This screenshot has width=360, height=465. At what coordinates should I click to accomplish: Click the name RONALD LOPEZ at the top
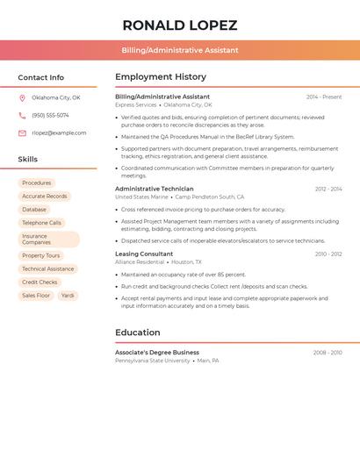[180, 25]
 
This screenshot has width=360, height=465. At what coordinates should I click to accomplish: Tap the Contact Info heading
[40, 77]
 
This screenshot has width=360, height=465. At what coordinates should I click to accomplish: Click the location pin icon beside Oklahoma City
[22, 98]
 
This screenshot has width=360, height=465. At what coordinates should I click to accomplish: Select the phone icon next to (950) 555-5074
[22, 116]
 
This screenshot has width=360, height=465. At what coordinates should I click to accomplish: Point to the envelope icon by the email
[22, 133]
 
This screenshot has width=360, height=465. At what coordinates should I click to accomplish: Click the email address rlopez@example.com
[59, 133]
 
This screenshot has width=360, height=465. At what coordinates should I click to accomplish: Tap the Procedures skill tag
[37, 183]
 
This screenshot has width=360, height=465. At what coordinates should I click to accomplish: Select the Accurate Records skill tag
[44, 197]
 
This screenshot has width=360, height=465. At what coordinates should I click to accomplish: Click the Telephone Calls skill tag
[41, 223]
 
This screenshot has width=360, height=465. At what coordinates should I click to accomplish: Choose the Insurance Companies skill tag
[48, 239]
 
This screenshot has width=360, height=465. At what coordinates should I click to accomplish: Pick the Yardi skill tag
[68, 296]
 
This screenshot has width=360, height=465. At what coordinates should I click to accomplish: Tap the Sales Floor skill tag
[36, 296]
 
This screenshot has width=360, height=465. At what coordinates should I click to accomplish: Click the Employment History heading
[161, 77]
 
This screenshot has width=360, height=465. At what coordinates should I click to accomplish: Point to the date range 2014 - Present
[324, 97]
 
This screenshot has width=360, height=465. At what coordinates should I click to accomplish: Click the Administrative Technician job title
[155, 189]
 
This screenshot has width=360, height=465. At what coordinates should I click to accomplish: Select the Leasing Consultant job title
[144, 254]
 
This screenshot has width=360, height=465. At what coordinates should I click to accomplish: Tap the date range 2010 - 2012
[328, 254]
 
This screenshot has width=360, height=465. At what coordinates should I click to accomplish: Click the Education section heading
[138, 333]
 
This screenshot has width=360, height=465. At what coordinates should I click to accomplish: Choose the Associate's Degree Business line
[157, 352]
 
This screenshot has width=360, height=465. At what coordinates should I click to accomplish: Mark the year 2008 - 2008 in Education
[328, 353]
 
